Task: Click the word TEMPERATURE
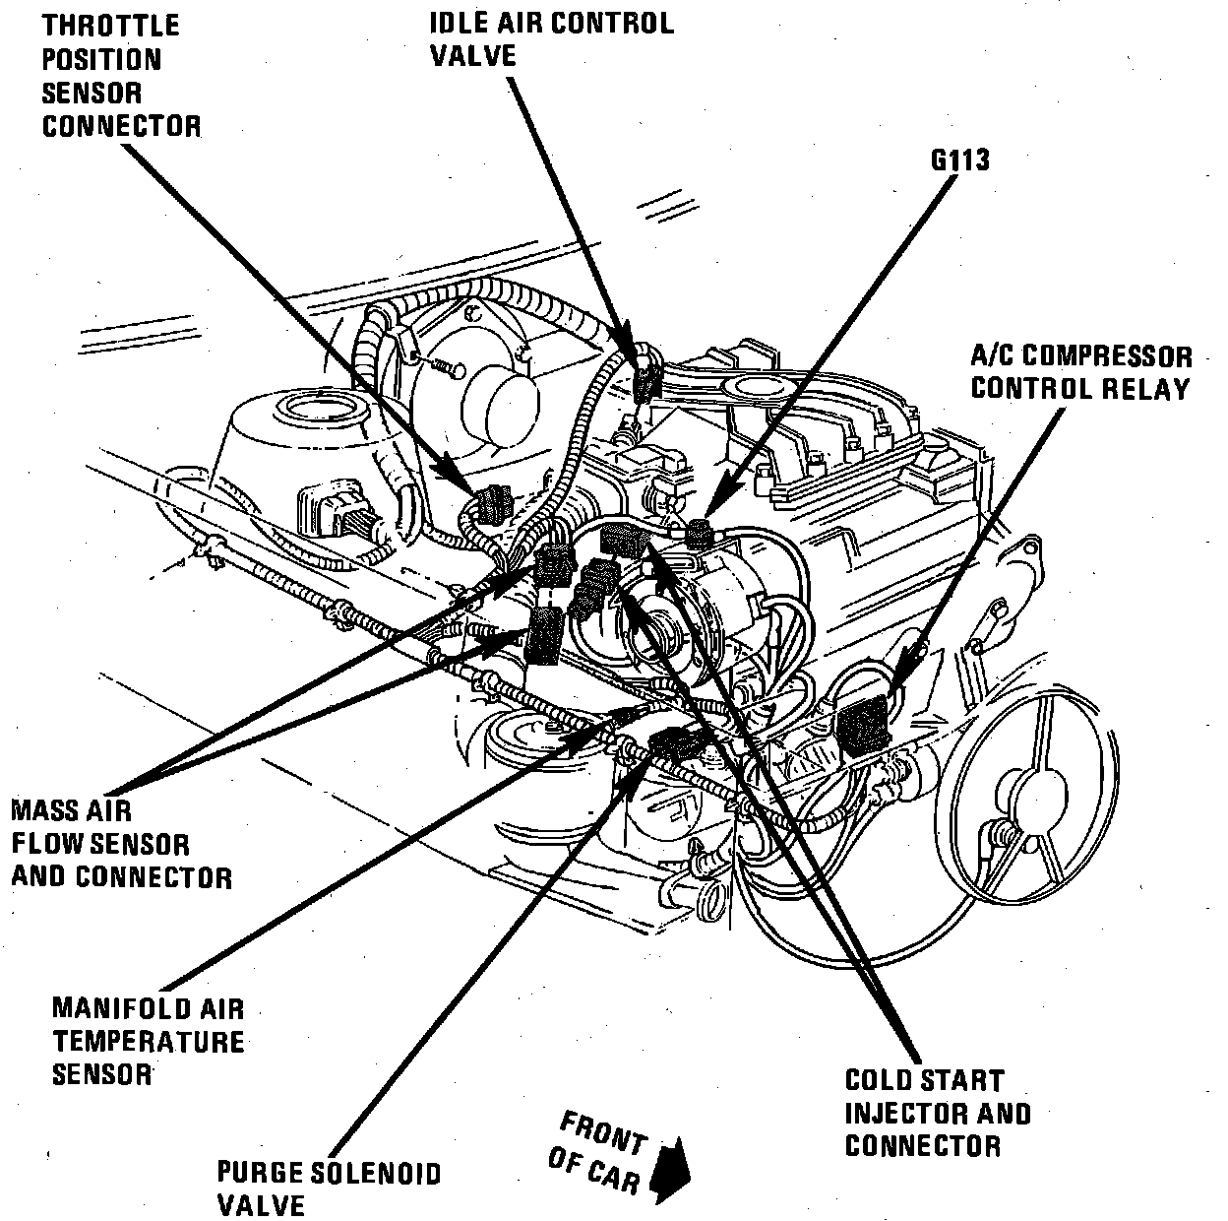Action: [x=148, y=1042]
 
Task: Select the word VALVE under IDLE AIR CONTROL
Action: [x=473, y=55]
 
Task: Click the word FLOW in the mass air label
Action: [x=53, y=844]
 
